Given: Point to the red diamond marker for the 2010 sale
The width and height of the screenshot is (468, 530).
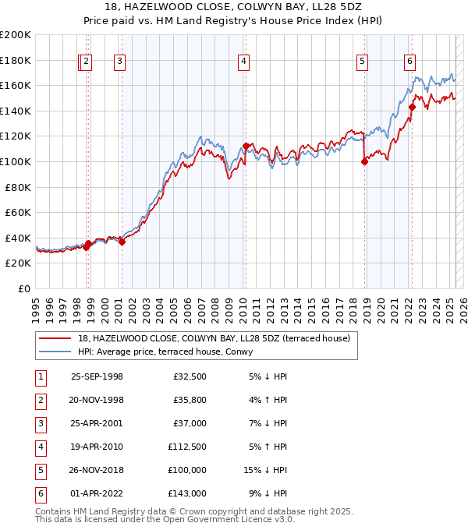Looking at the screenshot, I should pyautogui.click(x=246, y=146).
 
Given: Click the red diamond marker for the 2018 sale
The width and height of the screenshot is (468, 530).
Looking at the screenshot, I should pyautogui.click(x=364, y=161).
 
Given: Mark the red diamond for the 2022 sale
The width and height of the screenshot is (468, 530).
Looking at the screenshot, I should pyautogui.click(x=412, y=107).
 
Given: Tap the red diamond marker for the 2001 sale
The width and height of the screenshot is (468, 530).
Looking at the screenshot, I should pyautogui.click(x=122, y=242).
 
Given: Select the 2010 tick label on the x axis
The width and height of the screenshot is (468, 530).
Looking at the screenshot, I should pyautogui.click(x=243, y=305).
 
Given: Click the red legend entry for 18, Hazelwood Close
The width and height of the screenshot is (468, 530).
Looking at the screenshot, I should pyautogui.click(x=214, y=337).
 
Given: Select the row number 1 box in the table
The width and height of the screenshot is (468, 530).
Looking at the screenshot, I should pyautogui.click(x=39, y=376).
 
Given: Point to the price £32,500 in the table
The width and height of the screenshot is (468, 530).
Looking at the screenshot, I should pyautogui.click(x=190, y=376).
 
